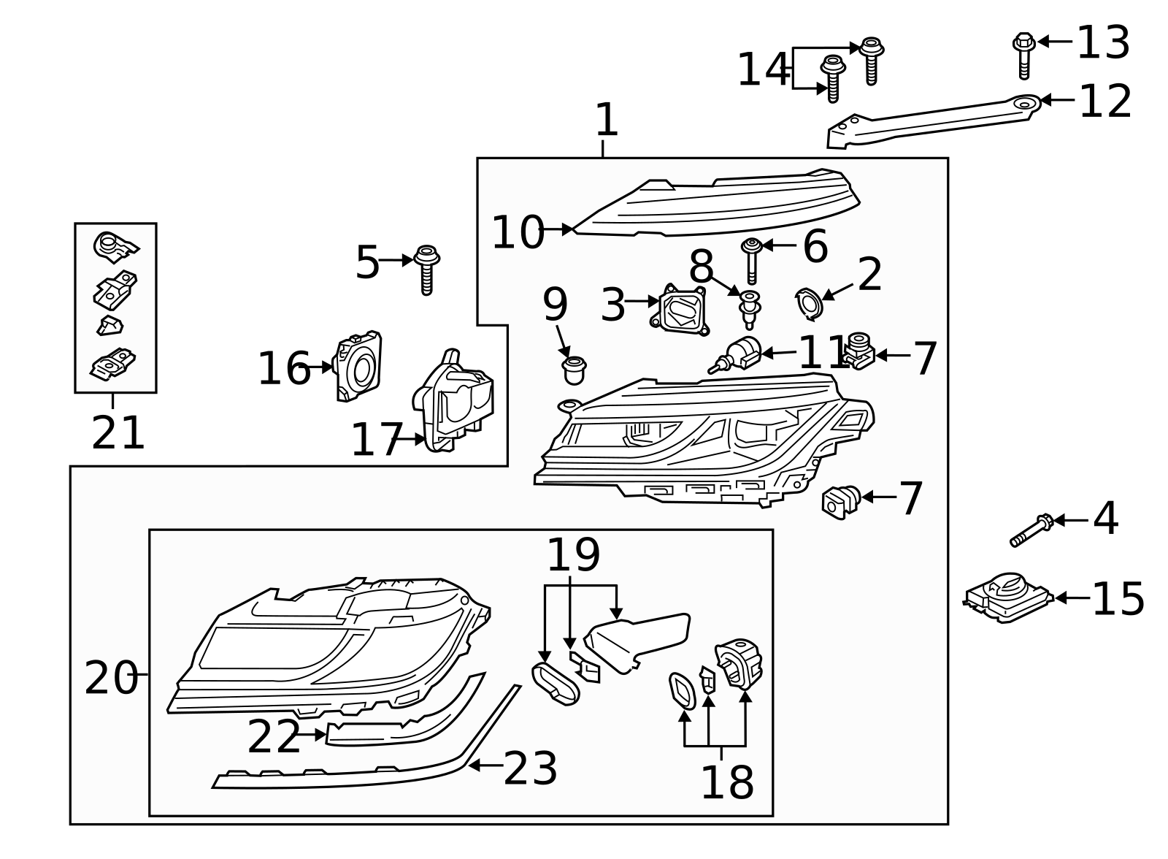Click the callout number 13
[x=1103, y=42]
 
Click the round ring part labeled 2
[x=808, y=304]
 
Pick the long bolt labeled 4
[x=1031, y=530]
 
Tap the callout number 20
[x=110, y=678]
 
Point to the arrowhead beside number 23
[x=472, y=765]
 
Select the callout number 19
[x=573, y=555]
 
